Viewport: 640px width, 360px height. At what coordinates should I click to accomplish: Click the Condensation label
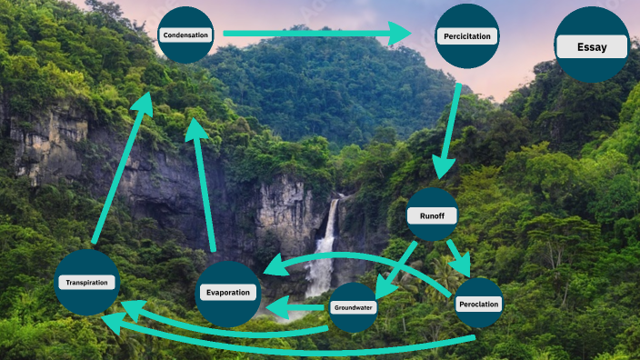tap(185, 35)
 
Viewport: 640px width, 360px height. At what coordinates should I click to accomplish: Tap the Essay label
tap(592, 47)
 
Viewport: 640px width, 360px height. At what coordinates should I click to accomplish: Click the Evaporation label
tap(229, 293)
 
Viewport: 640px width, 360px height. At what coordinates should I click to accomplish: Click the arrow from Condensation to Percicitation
tap(309, 35)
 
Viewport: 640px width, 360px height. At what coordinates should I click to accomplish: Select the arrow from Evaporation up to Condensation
tap(204, 182)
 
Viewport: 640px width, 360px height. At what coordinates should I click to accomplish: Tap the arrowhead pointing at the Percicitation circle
tap(400, 35)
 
